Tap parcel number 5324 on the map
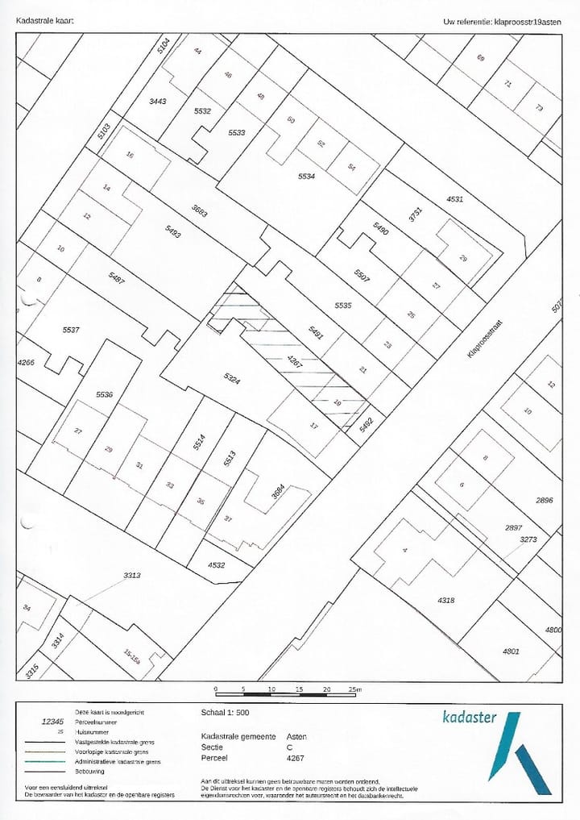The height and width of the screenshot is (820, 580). pyautogui.click(x=231, y=379)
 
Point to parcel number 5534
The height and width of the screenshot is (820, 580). pyautogui.click(x=306, y=176)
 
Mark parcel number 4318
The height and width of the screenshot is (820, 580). pyautogui.click(x=446, y=600)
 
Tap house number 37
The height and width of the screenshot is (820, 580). pyautogui.click(x=228, y=519)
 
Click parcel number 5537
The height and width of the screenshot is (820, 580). pyautogui.click(x=72, y=330)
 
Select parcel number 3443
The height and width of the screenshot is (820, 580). pyautogui.click(x=157, y=101)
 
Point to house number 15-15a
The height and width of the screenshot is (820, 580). pyautogui.click(x=132, y=657)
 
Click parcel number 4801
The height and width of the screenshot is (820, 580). pyautogui.click(x=511, y=651)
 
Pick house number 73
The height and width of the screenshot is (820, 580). pyautogui.click(x=539, y=109)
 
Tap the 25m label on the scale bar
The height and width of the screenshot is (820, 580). pyautogui.click(x=355, y=689)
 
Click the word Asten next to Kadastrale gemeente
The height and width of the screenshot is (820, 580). pyautogui.click(x=296, y=736)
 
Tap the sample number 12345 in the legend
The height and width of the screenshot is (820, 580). pyautogui.click(x=52, y=722)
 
